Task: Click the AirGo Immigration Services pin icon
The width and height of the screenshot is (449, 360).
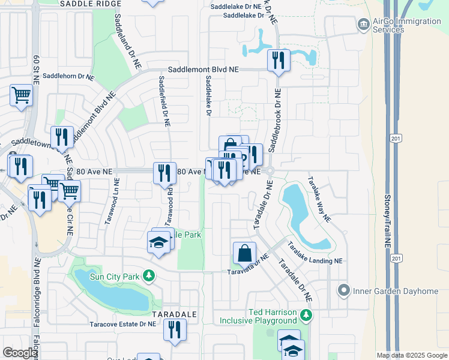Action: coord(363,25)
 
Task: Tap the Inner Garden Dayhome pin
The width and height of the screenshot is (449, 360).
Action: coord(344,291)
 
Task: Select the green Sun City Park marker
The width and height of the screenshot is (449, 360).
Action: coord(148,277)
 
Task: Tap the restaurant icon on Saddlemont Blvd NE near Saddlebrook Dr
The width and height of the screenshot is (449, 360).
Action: coord(278,60)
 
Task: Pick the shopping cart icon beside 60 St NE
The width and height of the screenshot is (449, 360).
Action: coord(21,95)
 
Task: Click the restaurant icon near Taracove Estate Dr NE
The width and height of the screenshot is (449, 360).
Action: coord(175,329)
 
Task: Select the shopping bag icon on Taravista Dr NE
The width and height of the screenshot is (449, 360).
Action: coord(245,253)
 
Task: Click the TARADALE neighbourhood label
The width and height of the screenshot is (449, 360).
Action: coord(175,314)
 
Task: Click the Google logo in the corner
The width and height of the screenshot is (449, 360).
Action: coord(20,353)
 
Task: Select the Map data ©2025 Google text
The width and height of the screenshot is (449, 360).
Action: coord(411,355)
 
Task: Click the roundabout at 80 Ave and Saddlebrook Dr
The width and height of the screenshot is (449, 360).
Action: coord(270,171)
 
